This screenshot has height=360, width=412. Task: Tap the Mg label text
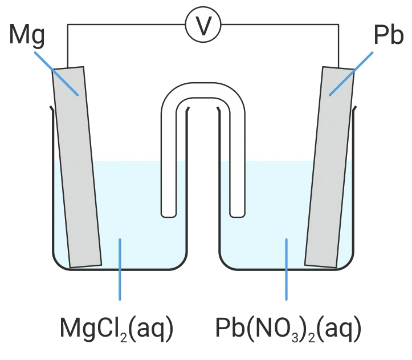click(27, 37)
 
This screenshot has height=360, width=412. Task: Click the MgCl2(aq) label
click(116, 329)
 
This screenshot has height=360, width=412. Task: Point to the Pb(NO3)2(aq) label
click(288, 329)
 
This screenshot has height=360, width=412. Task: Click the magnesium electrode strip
click(77, 171)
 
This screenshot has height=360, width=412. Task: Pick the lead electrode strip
click(329, 171)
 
